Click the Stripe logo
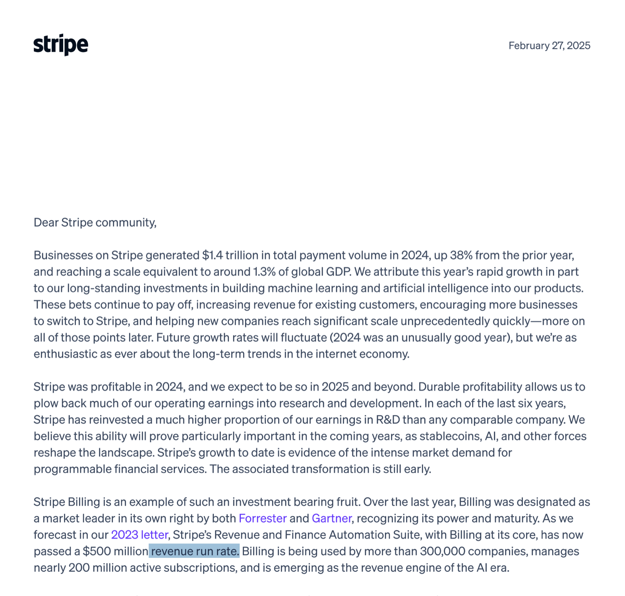pyautogui.click(x=61, y=45)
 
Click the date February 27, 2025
pyautogui.click(x=549, y=46)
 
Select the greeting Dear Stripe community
pyautogui.click(x=95, y=222)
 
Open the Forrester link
pyautogui.click(x=263, y=518)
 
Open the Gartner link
pyautogui.click(x=331, y=518)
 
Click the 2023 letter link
pyautogui.click(x=139, y=535)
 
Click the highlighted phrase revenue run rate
pyautogui.click(x=195, y=551)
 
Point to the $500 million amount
pyautogui.click(x=115, y=551)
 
